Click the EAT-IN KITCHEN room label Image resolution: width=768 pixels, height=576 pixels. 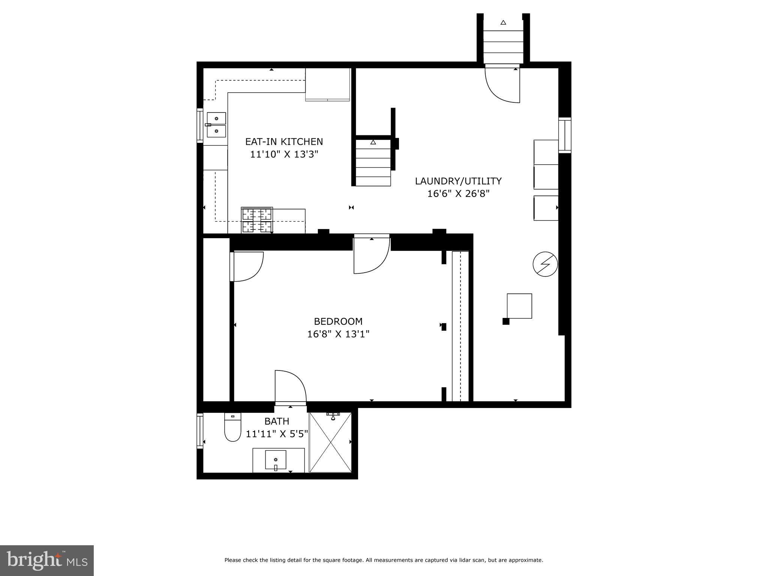tap(284, 142)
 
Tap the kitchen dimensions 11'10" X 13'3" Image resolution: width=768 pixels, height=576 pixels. tap(284, 154)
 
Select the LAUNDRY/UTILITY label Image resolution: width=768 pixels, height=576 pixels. tap(458, 181)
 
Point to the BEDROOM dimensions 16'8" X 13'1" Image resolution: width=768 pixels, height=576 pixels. tap(338, 334)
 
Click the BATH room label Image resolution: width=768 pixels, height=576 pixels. tap(277, 421)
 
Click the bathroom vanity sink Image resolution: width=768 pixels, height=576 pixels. tap(276, 460)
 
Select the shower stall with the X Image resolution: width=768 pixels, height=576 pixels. tap(330, 442)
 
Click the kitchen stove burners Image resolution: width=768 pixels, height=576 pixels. tap(257, 220)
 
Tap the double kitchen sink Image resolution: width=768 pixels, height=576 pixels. tap(216, 125)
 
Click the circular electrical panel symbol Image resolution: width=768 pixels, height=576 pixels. tap(545, 264)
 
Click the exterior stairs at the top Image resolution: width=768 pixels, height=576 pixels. tap(503, 41)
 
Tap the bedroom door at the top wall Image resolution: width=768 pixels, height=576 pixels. tap(371, 255)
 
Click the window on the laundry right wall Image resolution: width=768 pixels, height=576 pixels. tap(564, 135)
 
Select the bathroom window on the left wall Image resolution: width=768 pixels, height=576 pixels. tap(200, 431)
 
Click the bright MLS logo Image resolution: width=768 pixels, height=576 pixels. tap(46, 560)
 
